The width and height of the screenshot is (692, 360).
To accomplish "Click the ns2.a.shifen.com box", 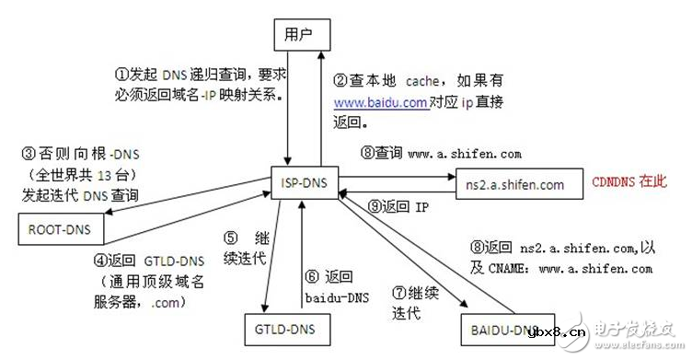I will point(515,184).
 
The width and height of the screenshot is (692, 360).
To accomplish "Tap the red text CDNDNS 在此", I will point(629,182).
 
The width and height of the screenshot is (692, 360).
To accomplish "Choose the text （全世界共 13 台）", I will point(80,176).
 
